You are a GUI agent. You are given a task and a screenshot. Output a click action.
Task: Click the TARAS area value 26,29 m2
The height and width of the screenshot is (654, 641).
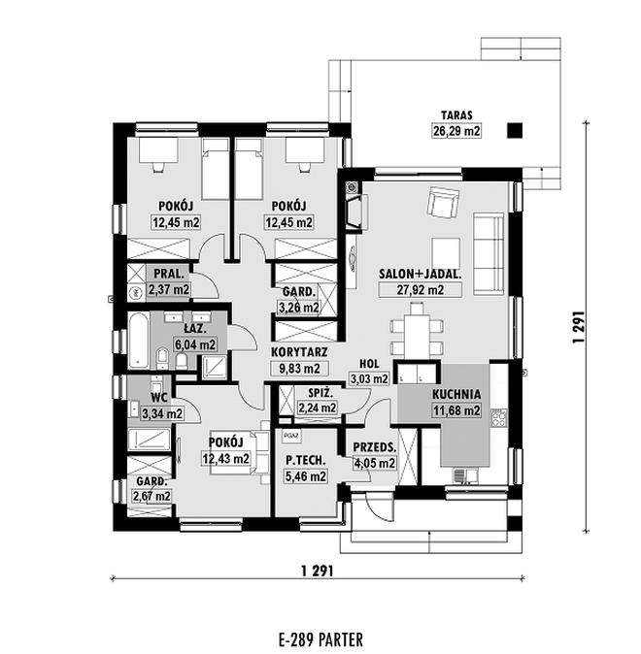456,131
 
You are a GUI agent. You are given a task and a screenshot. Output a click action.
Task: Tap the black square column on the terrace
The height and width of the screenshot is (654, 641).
515,131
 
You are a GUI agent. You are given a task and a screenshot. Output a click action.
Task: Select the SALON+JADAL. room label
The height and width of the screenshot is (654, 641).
420,275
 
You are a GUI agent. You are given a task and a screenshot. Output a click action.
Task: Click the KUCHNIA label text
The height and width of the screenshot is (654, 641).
456,394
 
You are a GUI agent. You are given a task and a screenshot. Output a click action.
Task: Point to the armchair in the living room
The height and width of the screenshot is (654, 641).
443,202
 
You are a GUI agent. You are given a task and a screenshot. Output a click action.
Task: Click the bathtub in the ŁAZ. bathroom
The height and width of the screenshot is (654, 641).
138,341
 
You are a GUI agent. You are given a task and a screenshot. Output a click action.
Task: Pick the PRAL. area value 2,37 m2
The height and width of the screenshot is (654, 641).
168,289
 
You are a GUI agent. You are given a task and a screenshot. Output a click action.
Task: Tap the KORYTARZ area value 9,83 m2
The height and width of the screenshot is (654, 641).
299,368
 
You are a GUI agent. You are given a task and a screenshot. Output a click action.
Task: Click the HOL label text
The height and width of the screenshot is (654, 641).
369,364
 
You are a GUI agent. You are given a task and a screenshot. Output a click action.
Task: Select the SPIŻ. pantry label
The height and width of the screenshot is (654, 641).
320,393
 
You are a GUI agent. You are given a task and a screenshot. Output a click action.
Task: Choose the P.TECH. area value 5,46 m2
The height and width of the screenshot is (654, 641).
305,475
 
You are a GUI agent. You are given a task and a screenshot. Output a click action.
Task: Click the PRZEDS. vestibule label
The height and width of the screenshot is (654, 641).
374,448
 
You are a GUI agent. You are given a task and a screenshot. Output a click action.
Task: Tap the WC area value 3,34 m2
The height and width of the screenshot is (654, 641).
162,413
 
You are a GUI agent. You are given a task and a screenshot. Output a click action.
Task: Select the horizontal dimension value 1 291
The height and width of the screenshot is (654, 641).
317,571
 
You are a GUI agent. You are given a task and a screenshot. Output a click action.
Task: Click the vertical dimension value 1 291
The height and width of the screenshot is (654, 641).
578,327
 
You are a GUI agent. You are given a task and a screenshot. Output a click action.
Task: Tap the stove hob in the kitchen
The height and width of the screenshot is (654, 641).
499,418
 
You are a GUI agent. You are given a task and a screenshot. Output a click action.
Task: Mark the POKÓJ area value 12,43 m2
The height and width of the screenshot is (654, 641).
226,459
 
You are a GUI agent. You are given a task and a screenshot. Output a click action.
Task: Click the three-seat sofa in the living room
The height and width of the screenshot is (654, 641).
489,253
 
